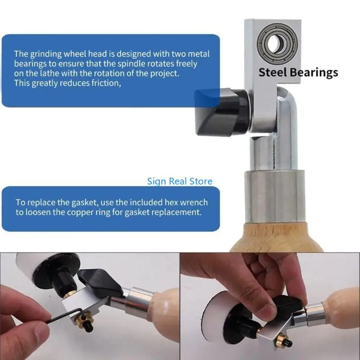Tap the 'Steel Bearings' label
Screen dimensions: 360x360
[298, 72]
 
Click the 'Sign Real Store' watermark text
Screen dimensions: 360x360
[180, 181]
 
